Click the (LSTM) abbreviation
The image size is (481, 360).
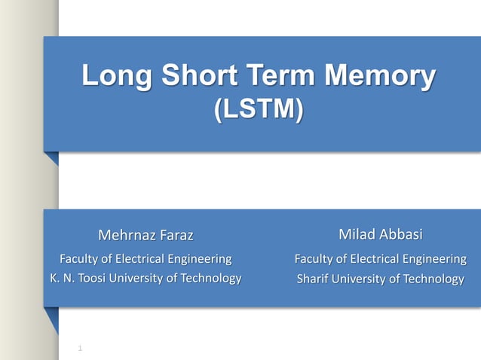[x=259, y=110]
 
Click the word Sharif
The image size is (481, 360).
[x=314, y=279]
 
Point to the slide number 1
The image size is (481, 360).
[x=80, y=348]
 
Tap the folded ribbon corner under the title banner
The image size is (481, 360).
[x=51, y=158]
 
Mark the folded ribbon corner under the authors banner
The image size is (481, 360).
[x=51, y=319]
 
